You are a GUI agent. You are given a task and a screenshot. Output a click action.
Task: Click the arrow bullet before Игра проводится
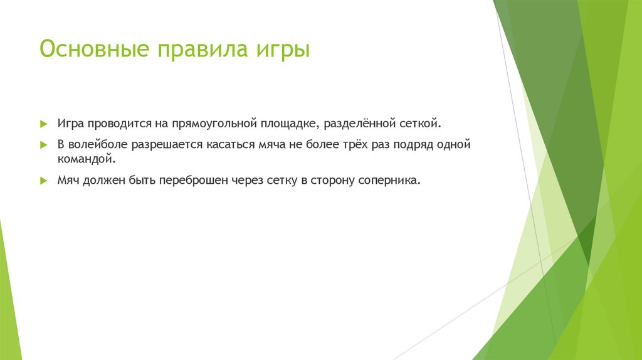click(43, 124)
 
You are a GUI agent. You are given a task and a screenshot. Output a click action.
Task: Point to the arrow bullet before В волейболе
click(43, 144)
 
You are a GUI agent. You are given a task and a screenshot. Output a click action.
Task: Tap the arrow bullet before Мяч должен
click(43, 180)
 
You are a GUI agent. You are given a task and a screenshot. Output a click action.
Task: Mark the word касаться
click(230, 144)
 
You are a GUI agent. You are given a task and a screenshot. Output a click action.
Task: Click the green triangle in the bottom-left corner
click(9, 301)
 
